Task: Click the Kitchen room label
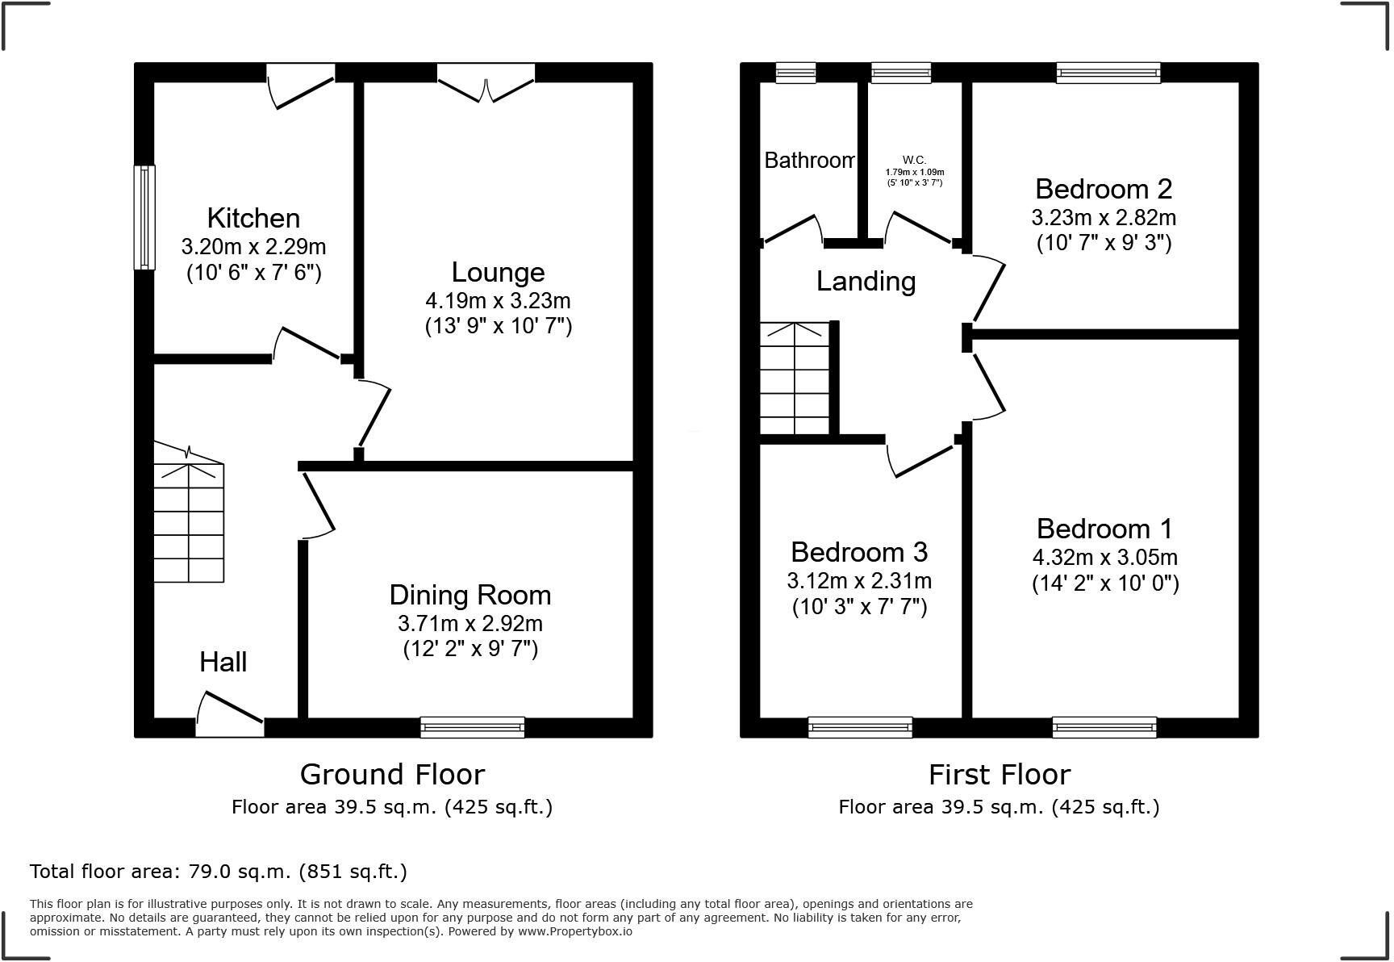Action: tap(253, 218)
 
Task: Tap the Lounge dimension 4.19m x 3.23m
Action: tap(498, 301)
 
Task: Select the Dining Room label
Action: tap(470, 595)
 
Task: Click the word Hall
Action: tap(223, 662)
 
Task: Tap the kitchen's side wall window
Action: tap(144, 217)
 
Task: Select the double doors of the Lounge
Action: tap(486, 83)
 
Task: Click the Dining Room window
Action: tap(472, 727)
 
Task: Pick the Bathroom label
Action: tap(809, 161)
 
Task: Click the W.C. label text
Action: tap(914, 161)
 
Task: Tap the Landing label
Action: tap(866, 281)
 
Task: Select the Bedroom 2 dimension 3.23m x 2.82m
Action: tap(1103, 218)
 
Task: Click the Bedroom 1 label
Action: tap(1104, 529)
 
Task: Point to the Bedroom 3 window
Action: tap(860, 727)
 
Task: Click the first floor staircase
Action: tap(795, 379)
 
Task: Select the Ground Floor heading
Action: tap(392, 774)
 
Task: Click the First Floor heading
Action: tap(999, 774)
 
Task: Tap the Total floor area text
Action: tap(218, 872)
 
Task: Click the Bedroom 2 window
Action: tap(1108, 73)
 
